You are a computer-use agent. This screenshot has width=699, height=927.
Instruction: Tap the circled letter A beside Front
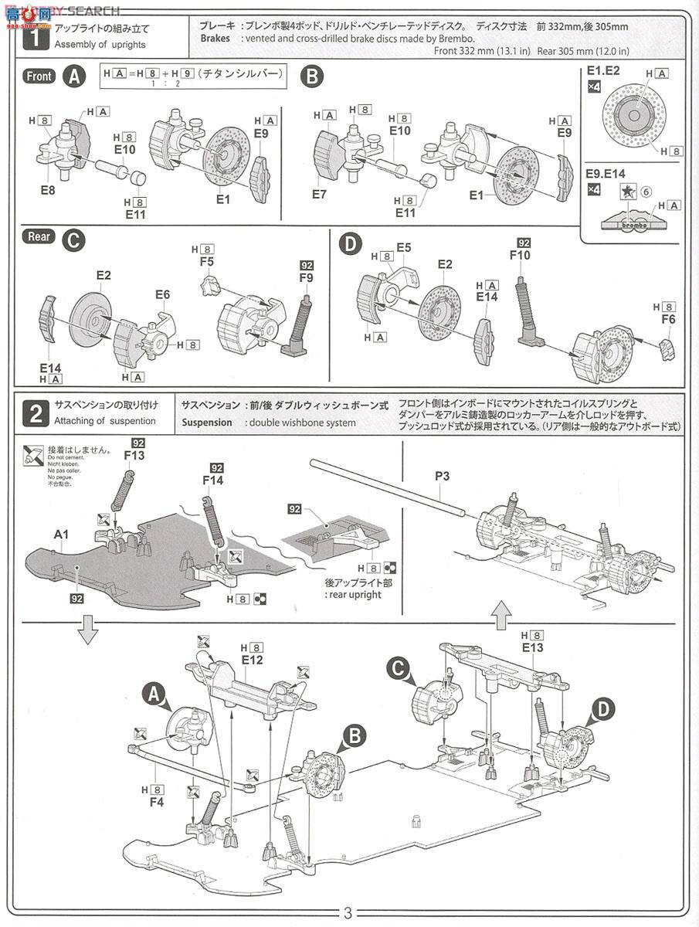coord(74,76)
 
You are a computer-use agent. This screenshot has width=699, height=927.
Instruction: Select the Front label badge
coord(39,76)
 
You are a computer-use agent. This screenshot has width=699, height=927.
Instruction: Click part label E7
coord(320,195)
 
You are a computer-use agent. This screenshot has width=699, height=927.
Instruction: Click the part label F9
coord(307,277)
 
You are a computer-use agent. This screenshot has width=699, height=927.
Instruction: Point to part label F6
coord(668,318)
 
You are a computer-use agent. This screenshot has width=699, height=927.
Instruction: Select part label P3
coord(442,476)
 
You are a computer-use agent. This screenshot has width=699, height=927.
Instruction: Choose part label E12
coord(253,660)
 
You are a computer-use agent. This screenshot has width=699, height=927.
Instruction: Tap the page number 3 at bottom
coord(348,912)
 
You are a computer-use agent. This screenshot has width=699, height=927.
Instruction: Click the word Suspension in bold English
coord(207,423)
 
